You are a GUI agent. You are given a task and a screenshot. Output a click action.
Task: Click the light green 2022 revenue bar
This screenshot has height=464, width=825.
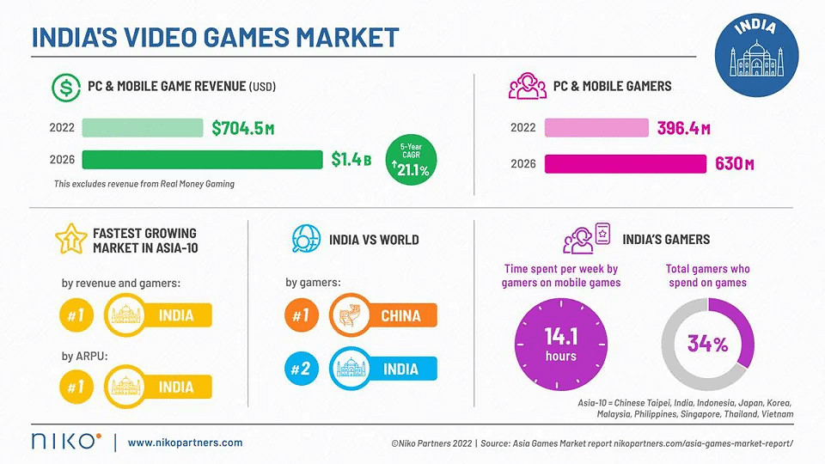143,128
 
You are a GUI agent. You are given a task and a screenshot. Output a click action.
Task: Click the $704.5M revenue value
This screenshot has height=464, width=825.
243,129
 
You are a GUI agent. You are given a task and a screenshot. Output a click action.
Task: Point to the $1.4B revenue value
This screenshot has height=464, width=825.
351,160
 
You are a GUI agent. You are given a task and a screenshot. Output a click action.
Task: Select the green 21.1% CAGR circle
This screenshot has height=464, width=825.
411,161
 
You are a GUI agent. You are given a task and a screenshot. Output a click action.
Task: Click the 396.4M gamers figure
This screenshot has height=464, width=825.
683,129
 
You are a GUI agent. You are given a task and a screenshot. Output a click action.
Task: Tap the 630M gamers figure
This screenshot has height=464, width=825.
734,163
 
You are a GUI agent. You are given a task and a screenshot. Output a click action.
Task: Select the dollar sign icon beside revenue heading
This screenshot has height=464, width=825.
64,86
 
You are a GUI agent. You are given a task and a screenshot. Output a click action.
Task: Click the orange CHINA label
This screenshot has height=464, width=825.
400,316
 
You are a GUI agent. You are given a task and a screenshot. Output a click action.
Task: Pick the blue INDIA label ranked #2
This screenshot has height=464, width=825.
400,369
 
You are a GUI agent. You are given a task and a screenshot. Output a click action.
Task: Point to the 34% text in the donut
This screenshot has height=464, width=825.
707,344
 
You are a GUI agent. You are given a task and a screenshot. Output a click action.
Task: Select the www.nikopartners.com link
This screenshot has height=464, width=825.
185,443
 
